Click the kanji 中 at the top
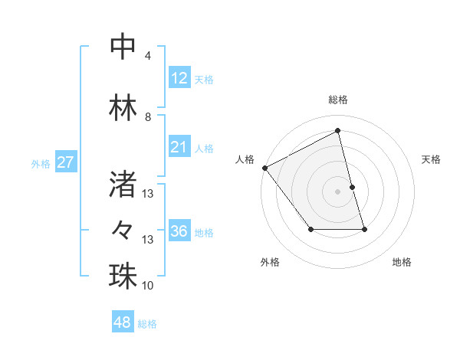(x=123, y=46)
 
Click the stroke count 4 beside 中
(x=148, y=56)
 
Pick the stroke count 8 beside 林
(x=148, y=116)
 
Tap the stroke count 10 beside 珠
(x=148, y=286)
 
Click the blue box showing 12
(x=179, y=78)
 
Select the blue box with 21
(x=179, y=147)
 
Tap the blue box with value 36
(x=179, y=231)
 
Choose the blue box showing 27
(x=66, y=162)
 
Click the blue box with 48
(x=123, y=322)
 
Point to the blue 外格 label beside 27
(x=41, y=163)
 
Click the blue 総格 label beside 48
(x=147, y=324)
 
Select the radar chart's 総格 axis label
(x=338, y=100)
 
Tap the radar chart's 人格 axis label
(x=245, y=159)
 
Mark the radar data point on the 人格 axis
(x=264, y=168)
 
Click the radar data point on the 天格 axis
(x=352, y=187)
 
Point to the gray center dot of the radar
(x=338, y=191)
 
